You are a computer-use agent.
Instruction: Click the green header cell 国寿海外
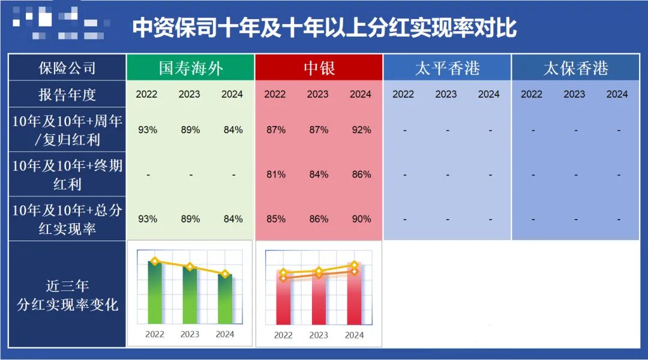(191, 68)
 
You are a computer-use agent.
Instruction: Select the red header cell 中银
(318, 68)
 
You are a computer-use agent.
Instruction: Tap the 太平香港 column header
(447, 68)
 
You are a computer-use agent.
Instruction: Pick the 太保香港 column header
(575, 68)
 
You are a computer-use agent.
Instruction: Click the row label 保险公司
(67, 68)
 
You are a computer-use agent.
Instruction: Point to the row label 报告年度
(67, 95)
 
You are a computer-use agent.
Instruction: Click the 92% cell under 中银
(361, 130)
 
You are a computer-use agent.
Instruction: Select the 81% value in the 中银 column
(276, 175)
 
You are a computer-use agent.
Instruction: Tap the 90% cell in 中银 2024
(361, 219)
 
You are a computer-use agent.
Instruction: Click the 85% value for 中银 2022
(276, 219)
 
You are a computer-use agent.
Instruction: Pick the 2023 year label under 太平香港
(446, 94)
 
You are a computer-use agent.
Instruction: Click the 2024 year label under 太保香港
(617, 94)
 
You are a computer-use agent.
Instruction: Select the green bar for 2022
(155, 294)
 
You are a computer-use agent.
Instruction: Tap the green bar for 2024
(225, 300)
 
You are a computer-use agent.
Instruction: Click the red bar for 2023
(319, 300)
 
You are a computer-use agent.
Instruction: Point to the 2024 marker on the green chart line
(225, 274)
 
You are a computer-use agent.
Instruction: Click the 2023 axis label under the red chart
(319, 335)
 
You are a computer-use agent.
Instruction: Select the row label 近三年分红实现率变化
(67, 295)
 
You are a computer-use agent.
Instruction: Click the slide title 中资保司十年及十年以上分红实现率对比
(324, 28)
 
